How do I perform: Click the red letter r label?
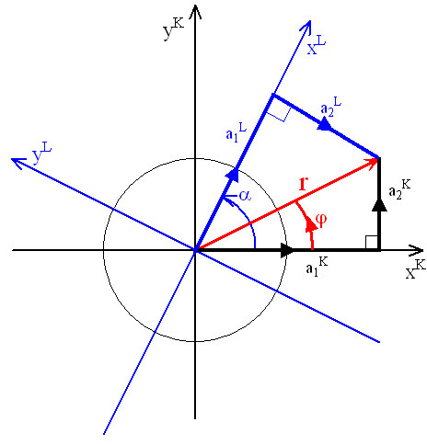tap(303, 184)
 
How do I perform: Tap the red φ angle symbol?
tap(321, 220)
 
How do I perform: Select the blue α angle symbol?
tap(245, 195)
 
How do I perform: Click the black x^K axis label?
tap(416, 268)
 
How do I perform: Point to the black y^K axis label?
tap(173, 29)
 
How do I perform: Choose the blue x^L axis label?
tap(316, 45)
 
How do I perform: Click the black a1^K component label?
tap(317, 267)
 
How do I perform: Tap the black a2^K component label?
tap(399, 189)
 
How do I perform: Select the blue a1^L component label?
tap(236, 132)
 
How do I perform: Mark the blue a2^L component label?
tap(330, 107)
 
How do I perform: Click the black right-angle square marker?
tap(372, 242)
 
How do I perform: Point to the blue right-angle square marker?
tap(278, 112)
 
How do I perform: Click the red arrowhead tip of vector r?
tap(379, 159)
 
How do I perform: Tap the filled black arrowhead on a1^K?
tap(287, 250)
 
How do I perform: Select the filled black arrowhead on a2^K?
tap(379, 205)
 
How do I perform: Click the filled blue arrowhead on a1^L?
tap(233, 176)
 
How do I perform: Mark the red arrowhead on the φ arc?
tap(311, 224)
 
